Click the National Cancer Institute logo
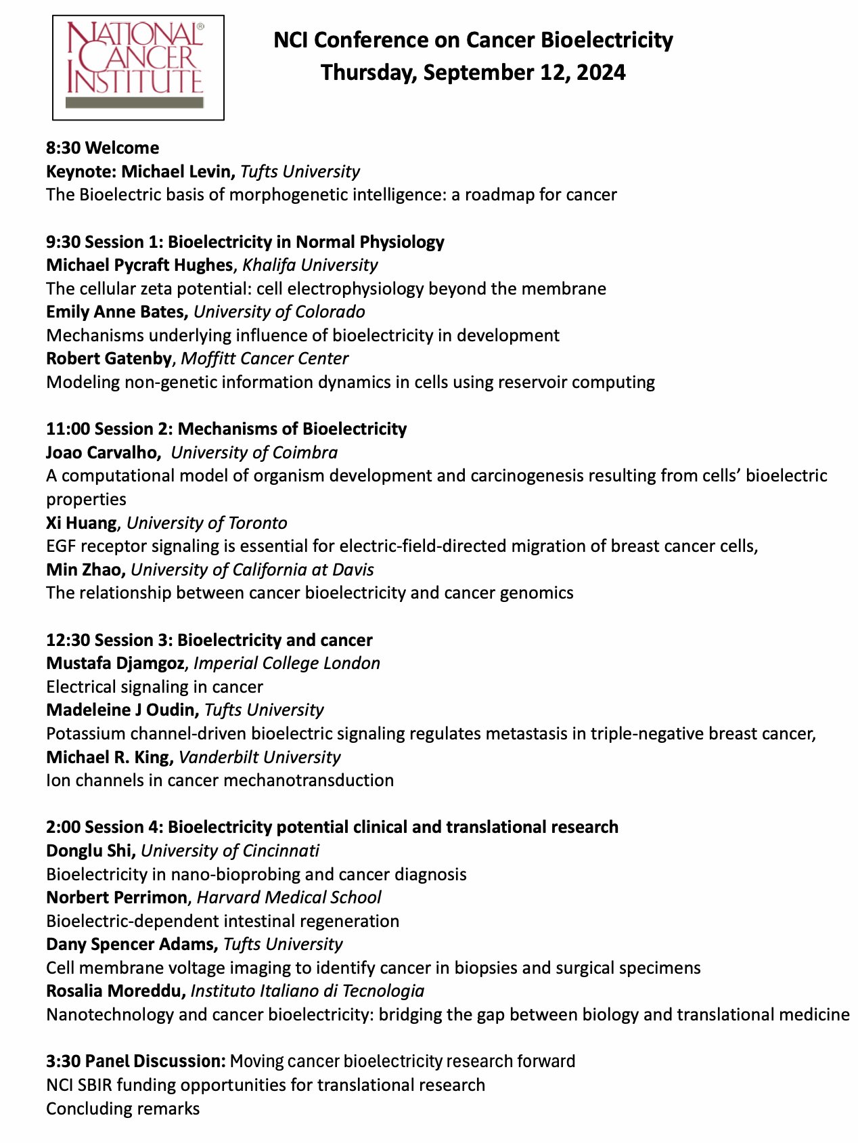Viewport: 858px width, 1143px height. (x=138, y=67)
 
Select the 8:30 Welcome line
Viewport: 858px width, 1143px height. (x=103, y=148)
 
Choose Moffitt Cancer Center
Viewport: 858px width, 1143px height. (x=265, y=358)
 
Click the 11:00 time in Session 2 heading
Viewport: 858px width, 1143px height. (x=68, y=429)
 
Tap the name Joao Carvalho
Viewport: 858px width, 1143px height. (x=103, y=452)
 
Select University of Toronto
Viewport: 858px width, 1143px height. (x=207, y=523)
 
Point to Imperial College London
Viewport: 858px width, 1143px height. (x=287, y=663)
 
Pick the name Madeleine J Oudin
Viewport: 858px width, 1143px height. (x=122, y=710)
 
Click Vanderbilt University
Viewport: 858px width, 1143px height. (x=260, y=757)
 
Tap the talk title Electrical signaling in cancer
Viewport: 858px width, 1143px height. (x=154, y=687)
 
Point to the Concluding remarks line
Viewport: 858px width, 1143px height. (x=122, y=1108)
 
